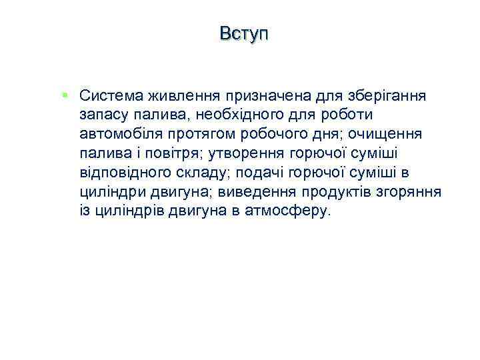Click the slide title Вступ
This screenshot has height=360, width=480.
click(243, 33)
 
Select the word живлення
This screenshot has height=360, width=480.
click(173, 95)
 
